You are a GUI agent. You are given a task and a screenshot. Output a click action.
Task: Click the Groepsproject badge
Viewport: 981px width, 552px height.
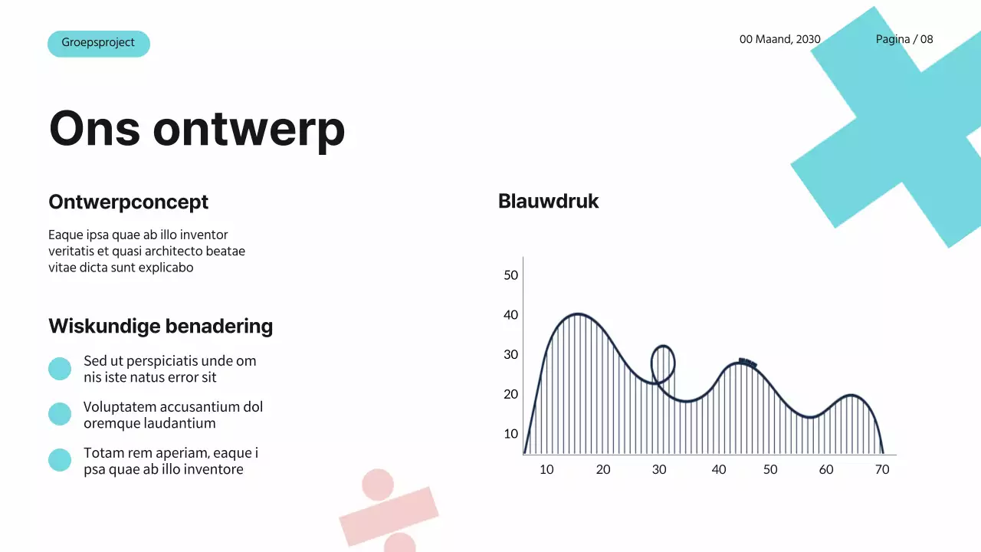[x=98, y=44]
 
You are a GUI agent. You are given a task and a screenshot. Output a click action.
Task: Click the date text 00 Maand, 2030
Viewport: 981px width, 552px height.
[x=779, y=39]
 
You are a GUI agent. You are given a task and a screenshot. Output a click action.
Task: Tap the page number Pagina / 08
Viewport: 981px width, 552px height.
[x=904, y=39]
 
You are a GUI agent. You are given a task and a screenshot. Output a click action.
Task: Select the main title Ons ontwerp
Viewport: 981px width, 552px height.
[x=197, y=128]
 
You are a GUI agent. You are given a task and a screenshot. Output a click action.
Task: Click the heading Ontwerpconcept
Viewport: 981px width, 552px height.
[x=128, y=202]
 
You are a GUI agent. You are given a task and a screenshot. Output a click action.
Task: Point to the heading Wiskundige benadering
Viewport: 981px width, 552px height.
[x=160, y=327]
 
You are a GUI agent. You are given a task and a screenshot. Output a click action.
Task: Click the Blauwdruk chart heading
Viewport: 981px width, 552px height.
[x=548, y=202]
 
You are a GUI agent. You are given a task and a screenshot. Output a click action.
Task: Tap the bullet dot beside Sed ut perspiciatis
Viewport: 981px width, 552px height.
[x=60, y=369]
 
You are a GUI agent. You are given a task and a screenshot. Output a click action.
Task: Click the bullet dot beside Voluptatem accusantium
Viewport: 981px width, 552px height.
[x=60, y=415]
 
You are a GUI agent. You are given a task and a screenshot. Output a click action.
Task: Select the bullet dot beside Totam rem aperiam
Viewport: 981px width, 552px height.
[x=60, y=460]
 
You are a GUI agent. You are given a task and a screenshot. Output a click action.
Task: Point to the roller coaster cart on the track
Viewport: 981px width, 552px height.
[x=747, y=363]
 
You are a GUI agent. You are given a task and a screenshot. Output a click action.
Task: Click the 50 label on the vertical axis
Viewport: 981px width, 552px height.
[x=511, y=275]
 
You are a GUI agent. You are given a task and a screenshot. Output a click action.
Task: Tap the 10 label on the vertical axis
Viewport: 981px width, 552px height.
[x=511, y=434]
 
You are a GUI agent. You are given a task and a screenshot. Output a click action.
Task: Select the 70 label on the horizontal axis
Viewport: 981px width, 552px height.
[x=882, y=470]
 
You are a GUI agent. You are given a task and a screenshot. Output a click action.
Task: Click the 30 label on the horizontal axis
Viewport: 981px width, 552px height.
[x=659, y=470]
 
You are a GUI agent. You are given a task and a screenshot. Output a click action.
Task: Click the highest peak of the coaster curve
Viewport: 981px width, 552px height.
[x=577, y=314]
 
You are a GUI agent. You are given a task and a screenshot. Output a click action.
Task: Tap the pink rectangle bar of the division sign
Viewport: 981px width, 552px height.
[x=389, y=515]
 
